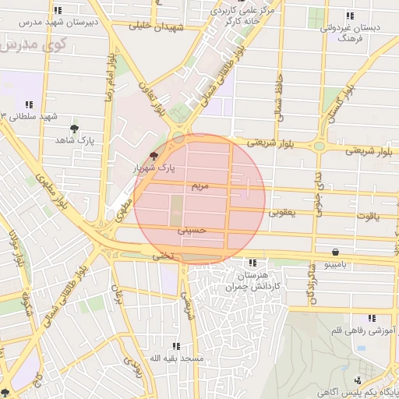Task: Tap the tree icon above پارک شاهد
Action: (75, 129)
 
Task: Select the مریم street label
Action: (199, 187)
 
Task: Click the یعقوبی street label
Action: (282, 212)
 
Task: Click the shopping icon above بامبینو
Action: (335, 252)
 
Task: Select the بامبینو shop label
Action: (336, 265)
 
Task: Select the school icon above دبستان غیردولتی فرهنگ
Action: (349, 16)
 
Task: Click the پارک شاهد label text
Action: (75, 140)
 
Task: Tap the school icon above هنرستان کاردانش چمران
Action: (251, 263)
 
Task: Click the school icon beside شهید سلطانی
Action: (29, 104)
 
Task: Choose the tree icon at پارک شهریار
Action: (153, 156)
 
